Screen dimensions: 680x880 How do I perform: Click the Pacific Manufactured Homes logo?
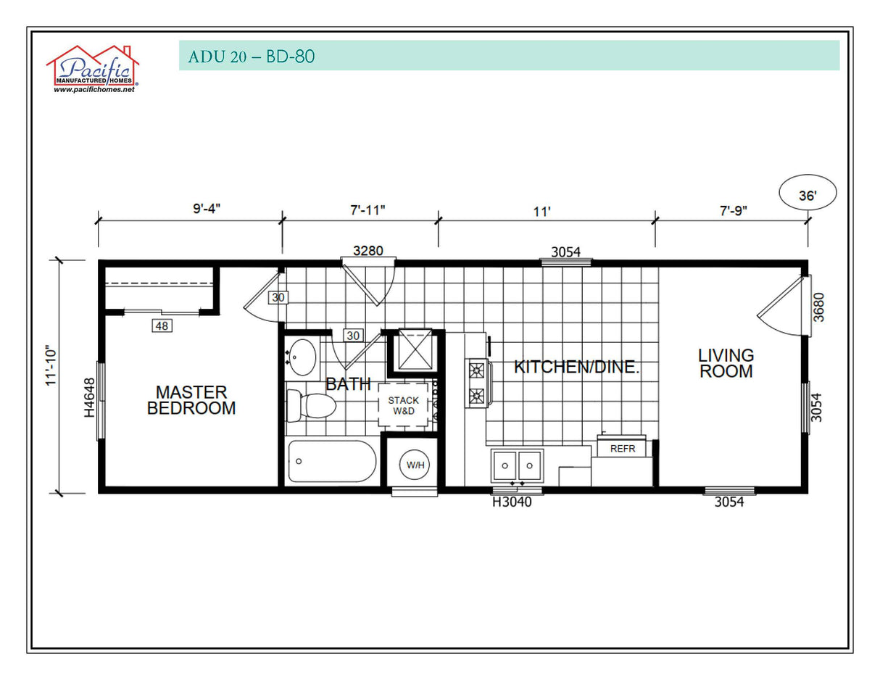point(93,70)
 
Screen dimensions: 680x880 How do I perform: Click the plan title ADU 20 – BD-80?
point(251,57)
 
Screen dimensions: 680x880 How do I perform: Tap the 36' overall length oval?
point(808,194)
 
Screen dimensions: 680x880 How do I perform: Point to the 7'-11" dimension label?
point(368,210)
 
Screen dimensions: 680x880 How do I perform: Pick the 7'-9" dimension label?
point(731,210)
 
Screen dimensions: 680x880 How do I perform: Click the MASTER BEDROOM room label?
point(191,400)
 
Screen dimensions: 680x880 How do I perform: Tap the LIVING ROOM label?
point(726,363)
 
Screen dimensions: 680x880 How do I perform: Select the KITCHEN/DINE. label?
point(576,367)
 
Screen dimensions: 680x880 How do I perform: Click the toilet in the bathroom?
point(310,405)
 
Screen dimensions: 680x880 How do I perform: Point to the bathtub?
point(331,462)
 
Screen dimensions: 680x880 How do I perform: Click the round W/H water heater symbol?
point(415,465)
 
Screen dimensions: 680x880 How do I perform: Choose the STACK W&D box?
point(403,406)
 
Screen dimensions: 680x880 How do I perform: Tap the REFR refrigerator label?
point(622,449)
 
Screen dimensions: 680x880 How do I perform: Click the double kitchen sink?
point(517,465)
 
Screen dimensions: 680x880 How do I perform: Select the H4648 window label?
point(89,397)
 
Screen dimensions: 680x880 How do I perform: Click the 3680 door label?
point(818,307)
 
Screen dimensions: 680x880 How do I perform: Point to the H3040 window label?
point(512,502)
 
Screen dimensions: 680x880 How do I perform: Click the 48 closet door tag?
point(162,326)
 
